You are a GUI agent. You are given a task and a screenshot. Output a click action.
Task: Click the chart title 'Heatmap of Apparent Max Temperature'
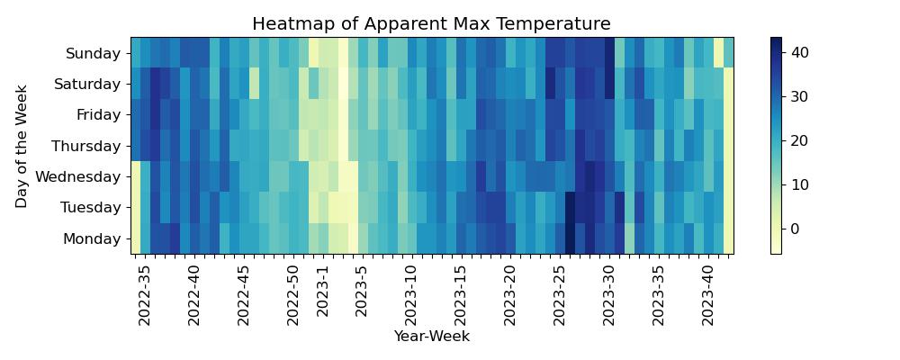pyautogui.click(x=431, y=24)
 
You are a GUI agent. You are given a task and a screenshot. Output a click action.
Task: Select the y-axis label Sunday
pyautogui.click(x=94, y=54)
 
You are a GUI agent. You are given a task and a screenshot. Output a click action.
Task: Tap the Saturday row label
pyautogui.click(x=88, y=85)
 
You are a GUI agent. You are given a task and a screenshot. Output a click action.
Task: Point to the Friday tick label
pyautogui.click(x=97, y=115)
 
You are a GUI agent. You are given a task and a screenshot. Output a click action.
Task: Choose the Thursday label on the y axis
pyautogui.click(x=86, y=146)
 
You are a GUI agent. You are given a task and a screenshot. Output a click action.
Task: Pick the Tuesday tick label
pyautogui.click(x=90, y=208)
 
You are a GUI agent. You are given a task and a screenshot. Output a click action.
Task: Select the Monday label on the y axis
pyautogui.click(x=92, y=238)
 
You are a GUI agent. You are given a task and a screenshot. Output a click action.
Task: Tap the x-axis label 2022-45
pyautogui.click(x=244, y=296)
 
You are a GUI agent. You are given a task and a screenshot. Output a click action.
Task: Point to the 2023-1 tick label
pyautogui.click(x=322, y=292)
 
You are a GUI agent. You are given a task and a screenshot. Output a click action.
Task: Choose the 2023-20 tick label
pyautogui.click(x=509, y=296)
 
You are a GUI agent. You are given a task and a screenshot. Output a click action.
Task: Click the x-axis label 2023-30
pyautogui.click(x=608, y=296)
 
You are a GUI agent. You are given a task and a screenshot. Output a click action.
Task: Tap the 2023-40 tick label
pyautogui.click(x=707, y=296)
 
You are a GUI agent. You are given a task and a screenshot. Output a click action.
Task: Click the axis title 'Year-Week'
pyautogui.click(x=431, y=337)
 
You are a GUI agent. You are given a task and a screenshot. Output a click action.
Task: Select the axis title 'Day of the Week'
pyautogui.click(x=22, y=146)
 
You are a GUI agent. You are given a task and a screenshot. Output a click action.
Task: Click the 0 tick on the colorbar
pyautogui.click(x=793, y=229)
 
